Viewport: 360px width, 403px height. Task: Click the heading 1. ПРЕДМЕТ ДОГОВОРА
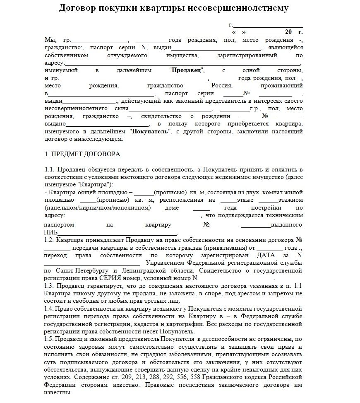pyautogui.click(x=82, y=154)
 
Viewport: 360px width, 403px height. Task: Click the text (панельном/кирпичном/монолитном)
pyautogui.click(x=98, y=208)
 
